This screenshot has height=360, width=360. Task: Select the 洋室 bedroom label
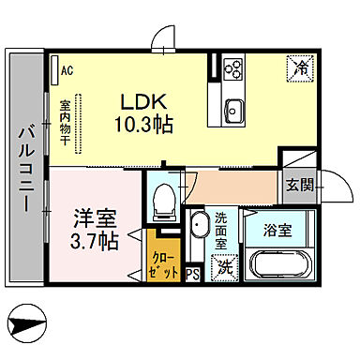point(97,222)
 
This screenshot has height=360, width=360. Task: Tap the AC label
point(67,68)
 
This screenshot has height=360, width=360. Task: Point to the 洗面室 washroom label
point(221,231)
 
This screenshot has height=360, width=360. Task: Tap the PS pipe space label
point(192,275)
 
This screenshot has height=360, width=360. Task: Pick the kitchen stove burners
point(232,69)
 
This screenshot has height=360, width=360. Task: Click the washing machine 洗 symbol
point(225,267)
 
